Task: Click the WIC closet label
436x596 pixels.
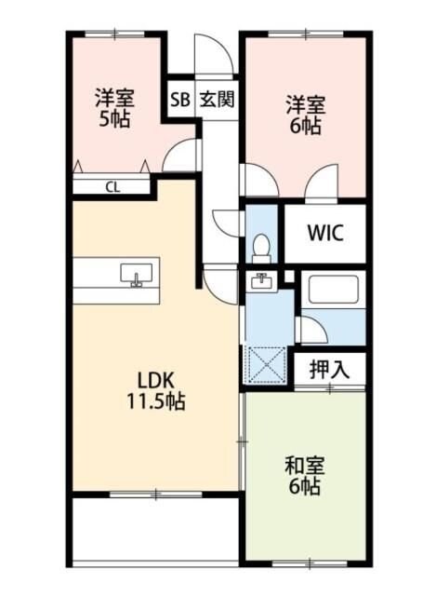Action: pos(324,232)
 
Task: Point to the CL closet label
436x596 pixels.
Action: pos(112,186)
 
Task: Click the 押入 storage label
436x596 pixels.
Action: pos(330,367)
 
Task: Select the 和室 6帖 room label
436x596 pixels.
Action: pos(304,475)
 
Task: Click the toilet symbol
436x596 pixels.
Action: pos(261,247)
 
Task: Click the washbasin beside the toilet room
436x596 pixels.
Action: pos(260,281)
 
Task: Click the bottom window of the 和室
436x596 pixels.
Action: pos(304,562)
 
